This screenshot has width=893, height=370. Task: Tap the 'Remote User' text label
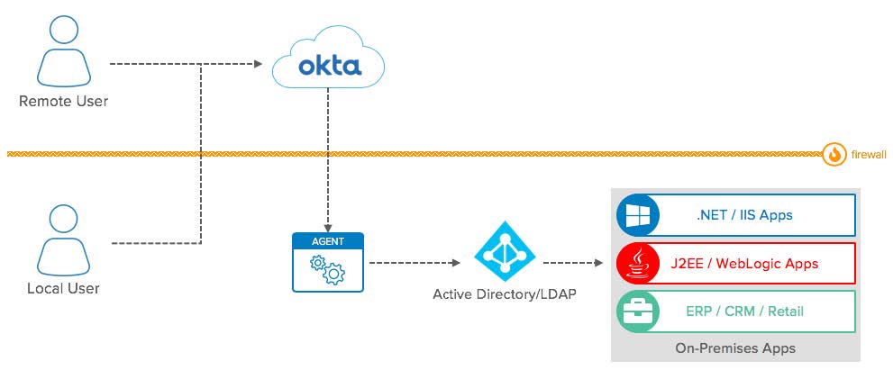[63, 102]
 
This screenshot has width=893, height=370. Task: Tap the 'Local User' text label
[63, 289]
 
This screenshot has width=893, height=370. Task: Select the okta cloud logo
[329, 65]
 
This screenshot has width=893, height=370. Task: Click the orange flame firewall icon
[834, 155]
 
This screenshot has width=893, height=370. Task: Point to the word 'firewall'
[869, 155]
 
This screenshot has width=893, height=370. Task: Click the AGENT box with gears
[327, 262]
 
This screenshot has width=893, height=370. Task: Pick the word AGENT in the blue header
[327, 241]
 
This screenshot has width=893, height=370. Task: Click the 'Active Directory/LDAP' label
[505, 294]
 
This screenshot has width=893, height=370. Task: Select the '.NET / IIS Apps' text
[743, 217]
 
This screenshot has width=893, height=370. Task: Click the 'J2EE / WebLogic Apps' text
[743, 264]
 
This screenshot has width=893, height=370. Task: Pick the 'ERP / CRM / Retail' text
[743, 311]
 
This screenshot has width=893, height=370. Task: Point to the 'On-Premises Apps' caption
[735, 347]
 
